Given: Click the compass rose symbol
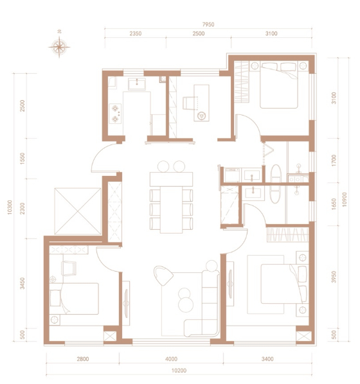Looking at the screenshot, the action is coord(59,47).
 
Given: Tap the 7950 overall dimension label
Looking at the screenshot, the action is coord(208,24).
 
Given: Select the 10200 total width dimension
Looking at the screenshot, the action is coord(179,371).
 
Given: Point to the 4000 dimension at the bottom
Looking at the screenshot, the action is coord(171,359).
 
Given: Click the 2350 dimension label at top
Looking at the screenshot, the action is coord(136,33).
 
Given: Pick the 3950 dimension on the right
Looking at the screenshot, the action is coord(334,277).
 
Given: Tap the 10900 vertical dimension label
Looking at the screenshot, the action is coord(345,199).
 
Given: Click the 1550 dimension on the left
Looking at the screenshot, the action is coord(22,159).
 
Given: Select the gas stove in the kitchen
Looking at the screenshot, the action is coord(115,114).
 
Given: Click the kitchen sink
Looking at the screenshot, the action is coord(136,84).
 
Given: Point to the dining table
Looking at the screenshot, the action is coord(171,202).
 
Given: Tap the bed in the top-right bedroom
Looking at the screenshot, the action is coord(279,85).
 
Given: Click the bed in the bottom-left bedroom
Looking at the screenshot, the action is coord(74,299).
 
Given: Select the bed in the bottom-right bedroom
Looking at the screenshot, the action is coord(283,284).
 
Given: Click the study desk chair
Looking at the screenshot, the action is coord(189,103).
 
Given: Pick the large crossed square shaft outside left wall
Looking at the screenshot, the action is coord(78,211).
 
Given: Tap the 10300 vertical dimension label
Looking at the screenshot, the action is coord(10,207).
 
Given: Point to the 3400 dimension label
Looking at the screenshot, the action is coord(267,359).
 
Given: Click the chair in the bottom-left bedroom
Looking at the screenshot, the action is coord(69,268).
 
